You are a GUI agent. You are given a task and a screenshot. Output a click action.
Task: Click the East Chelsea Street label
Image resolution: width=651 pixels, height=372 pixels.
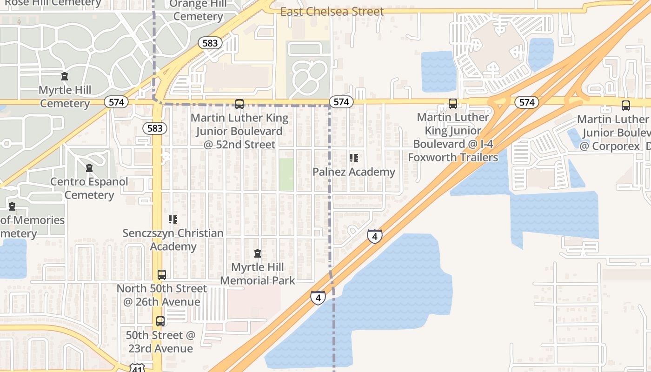[332, 12]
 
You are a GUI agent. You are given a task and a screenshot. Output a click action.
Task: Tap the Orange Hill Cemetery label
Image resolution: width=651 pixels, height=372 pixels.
[198, 10]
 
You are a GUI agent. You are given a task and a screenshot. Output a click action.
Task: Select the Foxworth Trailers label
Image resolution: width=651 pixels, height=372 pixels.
[453, 157]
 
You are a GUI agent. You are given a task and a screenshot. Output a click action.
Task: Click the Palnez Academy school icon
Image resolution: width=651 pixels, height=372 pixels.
[354, 159]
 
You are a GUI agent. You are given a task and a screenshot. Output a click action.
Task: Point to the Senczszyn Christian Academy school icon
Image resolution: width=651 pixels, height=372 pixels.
[173, 219]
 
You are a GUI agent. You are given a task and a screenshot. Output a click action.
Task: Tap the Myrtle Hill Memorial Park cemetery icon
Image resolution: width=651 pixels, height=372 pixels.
[257, 254]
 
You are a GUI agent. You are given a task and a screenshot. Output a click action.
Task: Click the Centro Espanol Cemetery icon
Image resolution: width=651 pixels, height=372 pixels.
[89, 168]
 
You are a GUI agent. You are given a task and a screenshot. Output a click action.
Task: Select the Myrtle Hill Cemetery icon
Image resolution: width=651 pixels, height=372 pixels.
[65, 77]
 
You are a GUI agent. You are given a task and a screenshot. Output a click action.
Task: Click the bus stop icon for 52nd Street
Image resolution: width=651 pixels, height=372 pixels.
[239, 104]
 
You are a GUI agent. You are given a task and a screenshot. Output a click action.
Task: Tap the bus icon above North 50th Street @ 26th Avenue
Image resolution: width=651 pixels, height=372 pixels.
[161, 275]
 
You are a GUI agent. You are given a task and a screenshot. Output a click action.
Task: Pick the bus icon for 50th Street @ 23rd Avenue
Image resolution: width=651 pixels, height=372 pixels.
[160, 321]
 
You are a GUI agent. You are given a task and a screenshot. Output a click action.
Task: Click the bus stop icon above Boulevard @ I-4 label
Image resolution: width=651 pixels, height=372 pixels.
[452, 104]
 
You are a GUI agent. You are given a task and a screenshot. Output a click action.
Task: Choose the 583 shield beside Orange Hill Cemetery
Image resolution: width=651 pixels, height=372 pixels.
[210, 43]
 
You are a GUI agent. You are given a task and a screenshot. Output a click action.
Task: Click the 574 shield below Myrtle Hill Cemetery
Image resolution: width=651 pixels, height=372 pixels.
[116, 102]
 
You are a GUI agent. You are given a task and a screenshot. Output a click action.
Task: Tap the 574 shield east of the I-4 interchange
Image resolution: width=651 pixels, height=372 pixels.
[526, 102]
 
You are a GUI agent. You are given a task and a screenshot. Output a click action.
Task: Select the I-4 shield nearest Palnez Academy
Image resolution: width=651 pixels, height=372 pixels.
[375, 236]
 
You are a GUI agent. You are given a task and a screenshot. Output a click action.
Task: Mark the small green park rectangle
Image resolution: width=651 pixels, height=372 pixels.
[286, 174]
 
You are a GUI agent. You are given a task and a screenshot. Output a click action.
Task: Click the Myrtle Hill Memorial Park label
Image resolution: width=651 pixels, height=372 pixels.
[257, 274]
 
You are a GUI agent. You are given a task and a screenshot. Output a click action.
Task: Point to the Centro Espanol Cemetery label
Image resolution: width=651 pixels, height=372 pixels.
[89, 188]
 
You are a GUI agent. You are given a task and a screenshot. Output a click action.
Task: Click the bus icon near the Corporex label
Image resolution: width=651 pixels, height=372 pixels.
[626, 106]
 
